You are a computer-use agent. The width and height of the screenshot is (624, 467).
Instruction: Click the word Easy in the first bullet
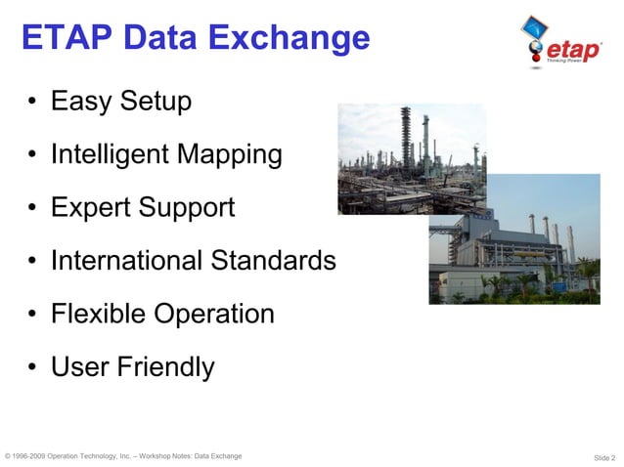click(80, 102)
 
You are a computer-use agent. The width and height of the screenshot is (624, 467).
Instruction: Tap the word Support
click(187, 207)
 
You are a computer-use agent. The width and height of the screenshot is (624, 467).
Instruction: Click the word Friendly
click(165, 367)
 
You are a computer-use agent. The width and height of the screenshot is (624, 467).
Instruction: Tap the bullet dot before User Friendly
click(33, 368)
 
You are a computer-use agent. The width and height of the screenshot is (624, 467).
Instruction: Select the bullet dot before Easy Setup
click(33, 103)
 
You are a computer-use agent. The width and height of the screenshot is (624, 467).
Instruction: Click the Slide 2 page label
click(603, 457)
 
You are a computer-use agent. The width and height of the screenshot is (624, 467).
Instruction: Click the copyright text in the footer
click(123, 456)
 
